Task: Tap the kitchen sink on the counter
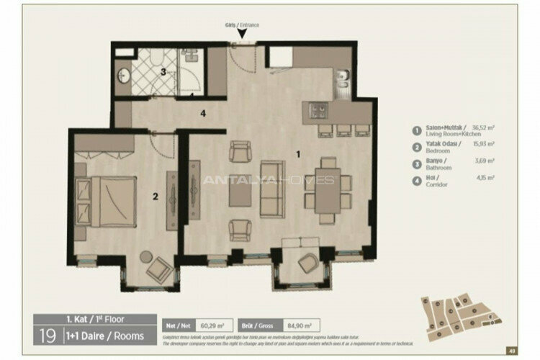click(x=343, y=77)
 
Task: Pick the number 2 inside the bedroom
click(x=153, y=194)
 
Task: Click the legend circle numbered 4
click(x=415, y=180)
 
